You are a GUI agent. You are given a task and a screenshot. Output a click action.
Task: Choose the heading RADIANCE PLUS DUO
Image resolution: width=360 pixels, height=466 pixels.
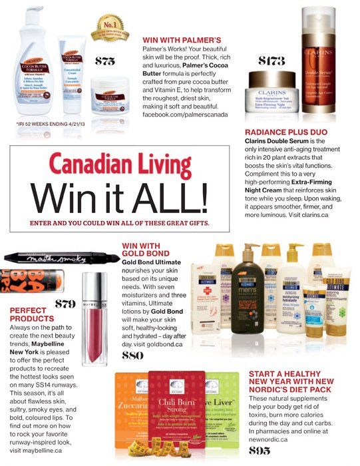[285, 133]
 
